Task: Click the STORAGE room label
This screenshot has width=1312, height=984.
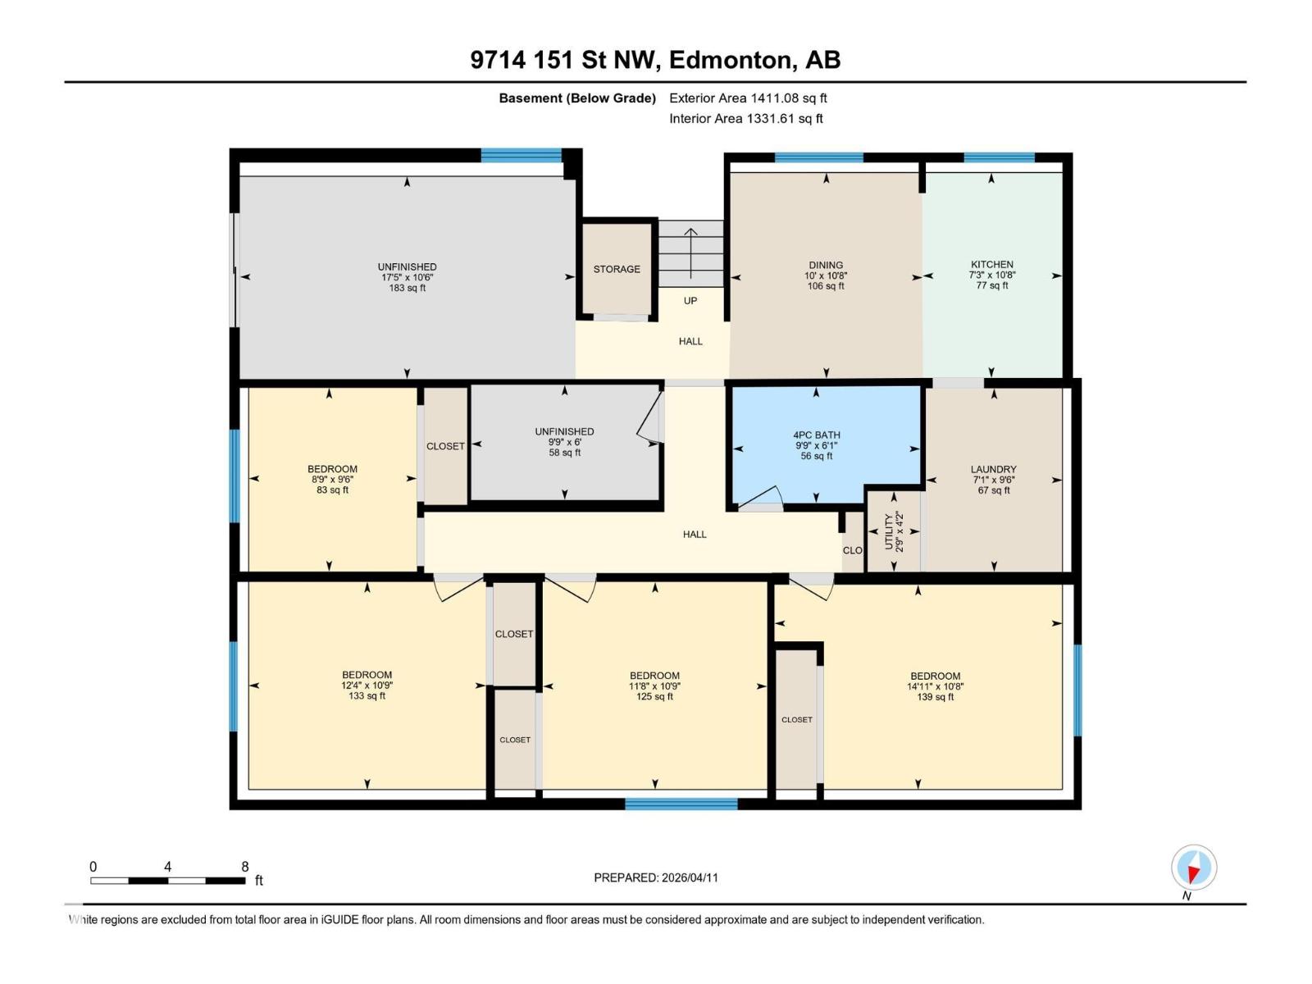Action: pyautogui.click(x=617, y=269)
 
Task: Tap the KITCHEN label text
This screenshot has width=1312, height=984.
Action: pyautogui.click(x=992, y=265)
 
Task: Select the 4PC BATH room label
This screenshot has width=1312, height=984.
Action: pyautogui.click(x=816, y=435)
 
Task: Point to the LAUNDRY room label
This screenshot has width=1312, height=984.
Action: pyautogui.click(x=993, y=470)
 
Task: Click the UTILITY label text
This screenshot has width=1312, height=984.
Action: pyautogui.click(x=889, y=531)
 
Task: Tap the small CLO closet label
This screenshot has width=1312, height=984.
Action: pyautogui.click(x=852, y=550)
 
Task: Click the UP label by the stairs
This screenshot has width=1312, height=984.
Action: pyautogui.click(x=690, y=301)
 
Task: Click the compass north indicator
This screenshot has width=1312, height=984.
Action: pyautogui.click(x=1194, y=868)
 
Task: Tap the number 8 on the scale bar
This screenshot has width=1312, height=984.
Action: pyautogui.click(x=244, y=867)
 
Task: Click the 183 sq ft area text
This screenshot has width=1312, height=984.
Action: pyautogui.click(x=407, y=288)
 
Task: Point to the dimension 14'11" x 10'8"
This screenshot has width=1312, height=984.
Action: pyautogui.click(x=935, y=687)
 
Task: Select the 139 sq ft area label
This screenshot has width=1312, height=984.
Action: pyautogui.click(x=935, y=698)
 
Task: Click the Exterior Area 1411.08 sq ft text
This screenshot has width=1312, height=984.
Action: pyautogui.click(x=748, y=98)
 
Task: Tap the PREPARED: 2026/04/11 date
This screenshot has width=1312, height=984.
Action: pyautogui.click(x=656, y=877)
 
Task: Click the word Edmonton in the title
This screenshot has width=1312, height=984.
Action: pyautogui.click(x=731, y=60)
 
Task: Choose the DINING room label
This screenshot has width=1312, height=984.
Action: pyautogui.click(x=826, y=265)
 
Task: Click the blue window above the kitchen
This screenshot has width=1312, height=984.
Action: pyautogui.click(x=999, y=157)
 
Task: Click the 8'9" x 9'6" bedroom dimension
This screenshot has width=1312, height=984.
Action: pyautogui.click(x=332, y=480)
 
